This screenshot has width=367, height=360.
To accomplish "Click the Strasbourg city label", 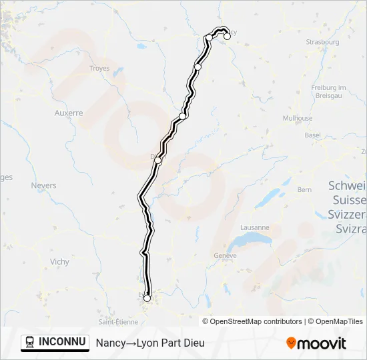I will click(323, 42).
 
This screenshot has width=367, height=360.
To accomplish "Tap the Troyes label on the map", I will click(99, 69).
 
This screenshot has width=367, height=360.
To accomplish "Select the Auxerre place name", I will click(69, 113).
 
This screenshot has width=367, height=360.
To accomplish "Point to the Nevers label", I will click(43, 185).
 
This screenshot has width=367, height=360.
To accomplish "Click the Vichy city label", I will click(59, 262).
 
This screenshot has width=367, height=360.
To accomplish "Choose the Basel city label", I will click(312, 135).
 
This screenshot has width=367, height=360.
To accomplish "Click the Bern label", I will click(304, 190).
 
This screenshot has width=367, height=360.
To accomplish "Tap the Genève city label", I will click(226, 256).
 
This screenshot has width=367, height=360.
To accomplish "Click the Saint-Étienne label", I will click(118, 321).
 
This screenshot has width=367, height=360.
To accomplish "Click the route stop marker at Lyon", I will click(147, 298).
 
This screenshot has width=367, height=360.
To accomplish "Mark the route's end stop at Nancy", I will click(227, 37).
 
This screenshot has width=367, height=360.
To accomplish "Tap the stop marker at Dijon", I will click(157, 160).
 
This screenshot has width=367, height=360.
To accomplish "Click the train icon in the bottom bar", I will click(29, 342).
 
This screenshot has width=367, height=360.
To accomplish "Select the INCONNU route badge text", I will click(62, 342).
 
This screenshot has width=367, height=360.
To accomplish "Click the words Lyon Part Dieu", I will click(169, 343).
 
